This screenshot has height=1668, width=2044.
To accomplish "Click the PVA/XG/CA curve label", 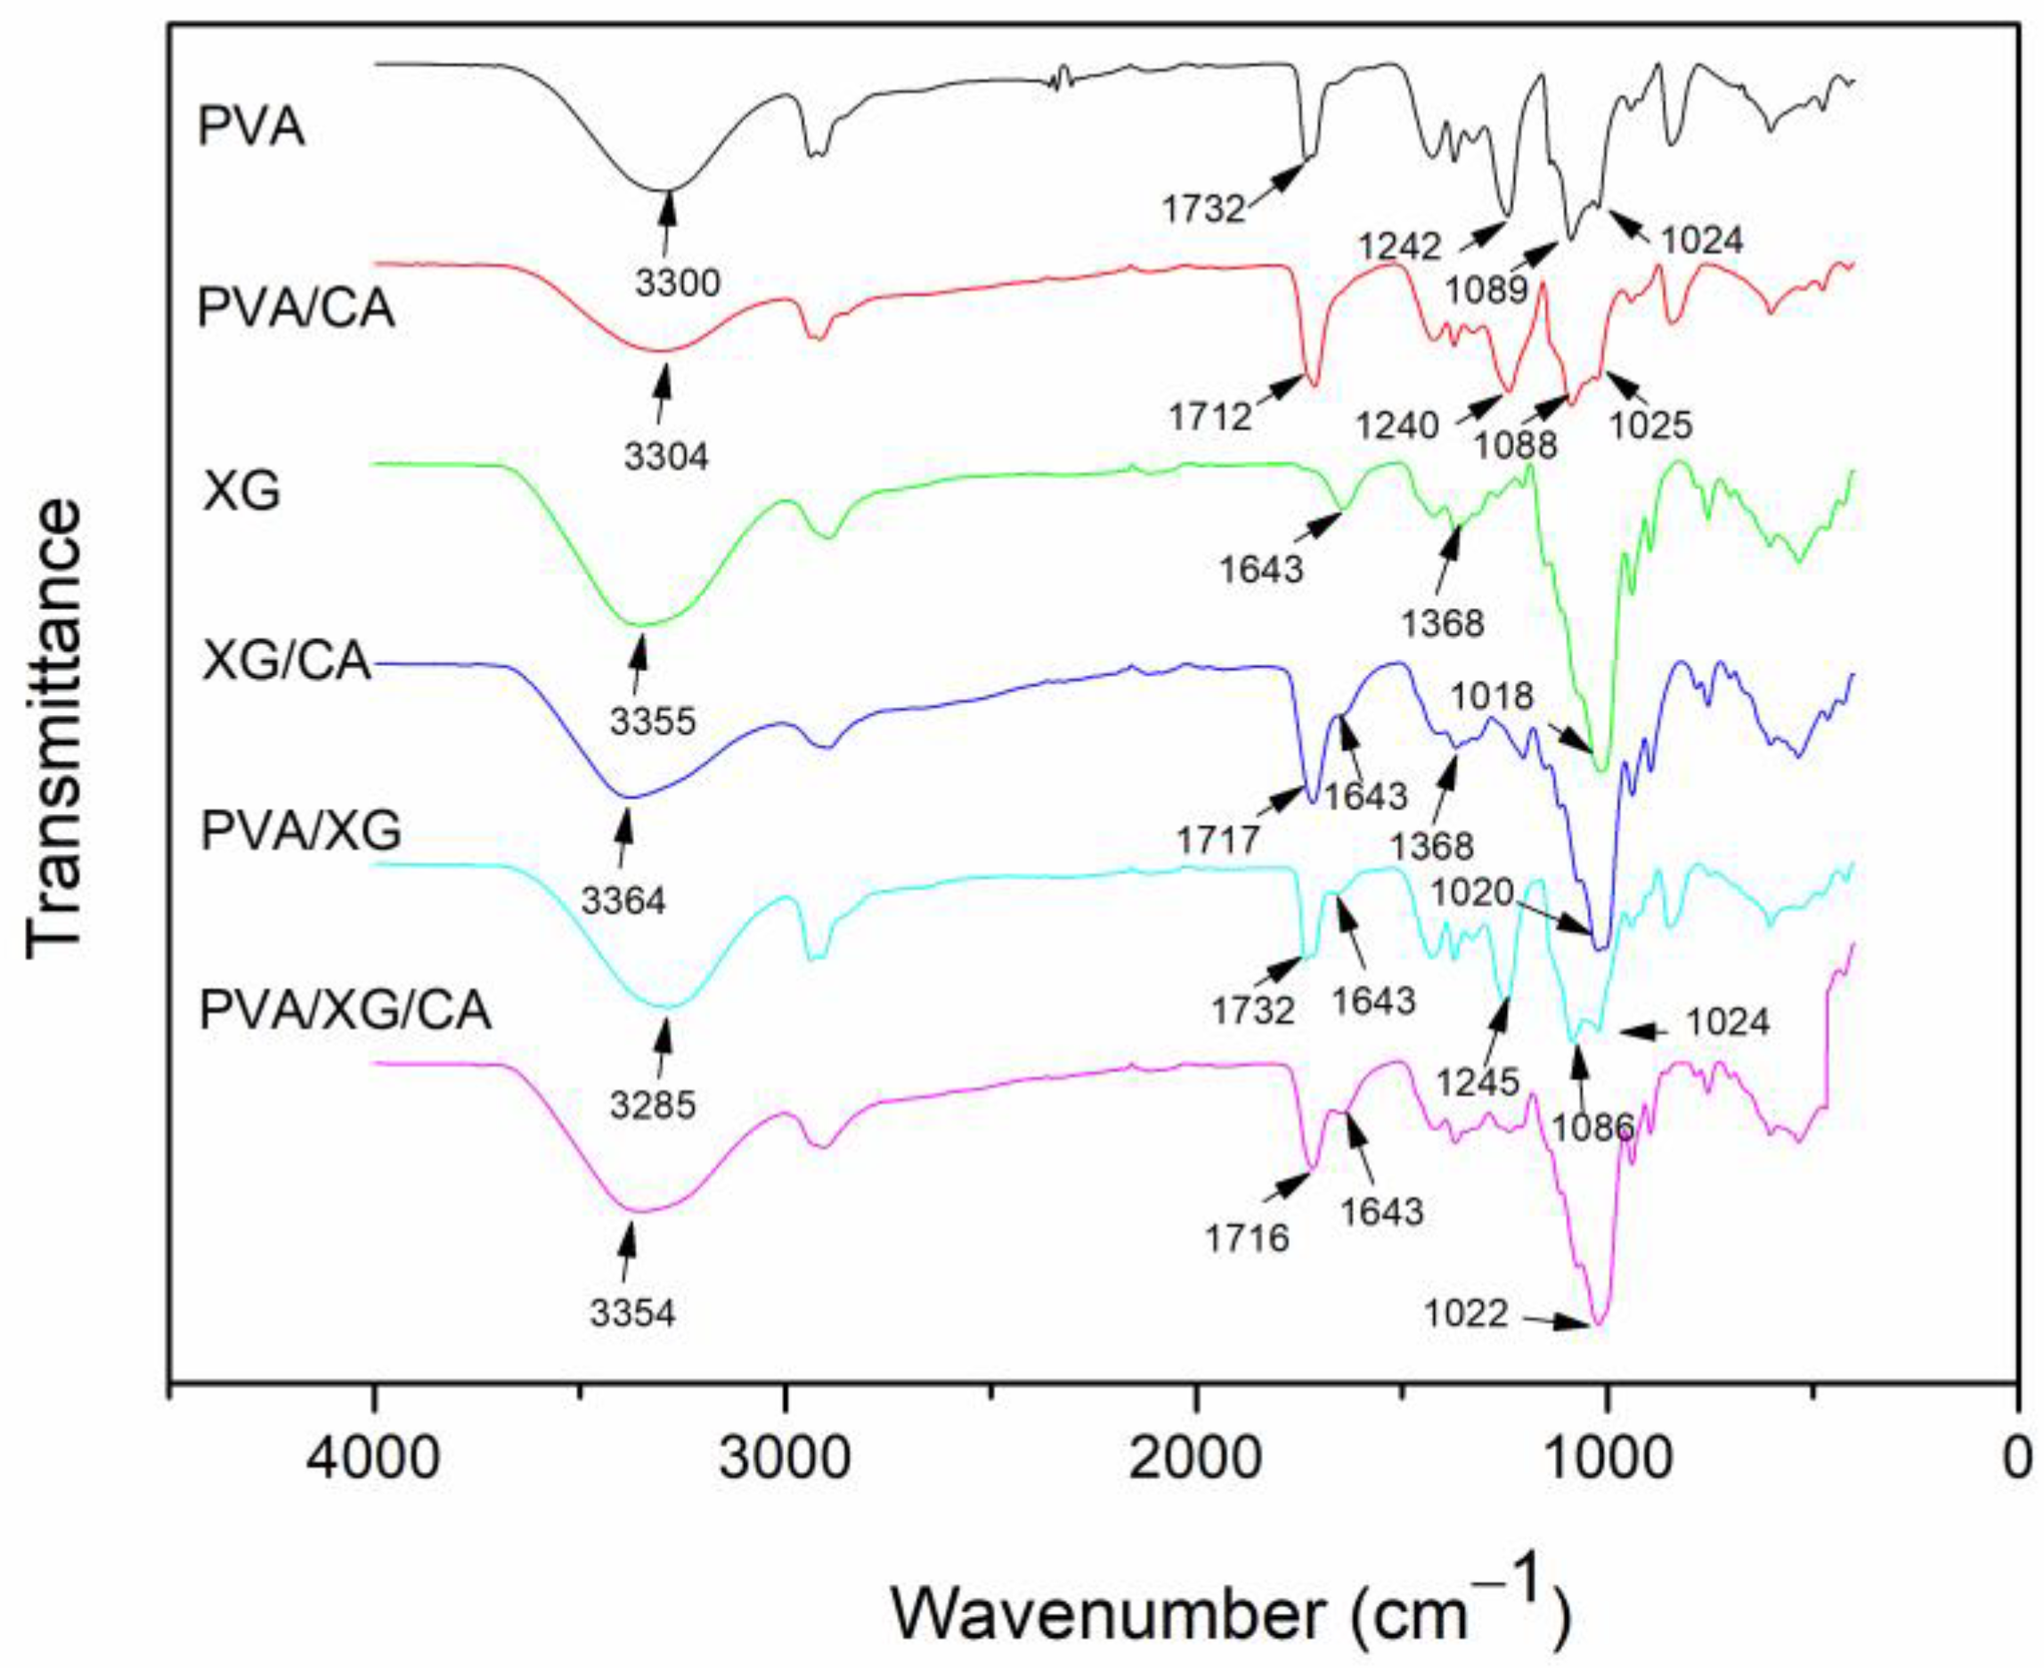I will coord(345,1011).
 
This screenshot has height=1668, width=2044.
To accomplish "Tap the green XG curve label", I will coord(241,491).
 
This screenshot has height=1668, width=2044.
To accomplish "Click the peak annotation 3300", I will coord(678,282).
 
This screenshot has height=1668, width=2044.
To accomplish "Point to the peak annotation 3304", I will coord(665,456).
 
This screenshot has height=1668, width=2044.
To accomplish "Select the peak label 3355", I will coord(653,720).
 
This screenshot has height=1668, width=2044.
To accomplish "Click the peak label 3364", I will coord(623,900).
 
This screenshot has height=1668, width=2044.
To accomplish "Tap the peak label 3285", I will coord(653,1105).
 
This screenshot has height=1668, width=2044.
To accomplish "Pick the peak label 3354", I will coord(632,1313).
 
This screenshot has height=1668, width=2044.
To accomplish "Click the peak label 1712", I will coord(1209,417).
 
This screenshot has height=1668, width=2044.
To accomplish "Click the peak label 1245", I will coord(1477,1082).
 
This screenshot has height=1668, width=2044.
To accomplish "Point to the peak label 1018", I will coord(1493,695).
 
